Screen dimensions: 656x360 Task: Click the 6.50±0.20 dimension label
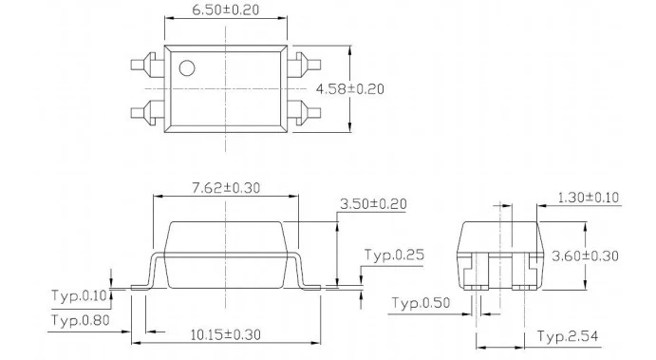click(x=226, y=9)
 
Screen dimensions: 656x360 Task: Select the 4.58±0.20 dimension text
click(x=349, y=89)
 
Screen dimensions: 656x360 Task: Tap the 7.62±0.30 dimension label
click(x=226, y=187)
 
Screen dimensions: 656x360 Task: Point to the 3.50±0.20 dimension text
click(x=373, y=204)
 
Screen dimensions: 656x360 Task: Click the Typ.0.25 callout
click(x=394, y=255)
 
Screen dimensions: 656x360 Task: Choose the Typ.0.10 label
click(x=80, y=295)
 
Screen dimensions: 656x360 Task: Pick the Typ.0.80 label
click(x=81, y=320)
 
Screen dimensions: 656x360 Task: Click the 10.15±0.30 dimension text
click(x=226, y=335)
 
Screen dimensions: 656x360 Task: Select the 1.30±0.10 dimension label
click(x=589, y=198)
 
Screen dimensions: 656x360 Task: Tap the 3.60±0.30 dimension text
click(x=585, y=256)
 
